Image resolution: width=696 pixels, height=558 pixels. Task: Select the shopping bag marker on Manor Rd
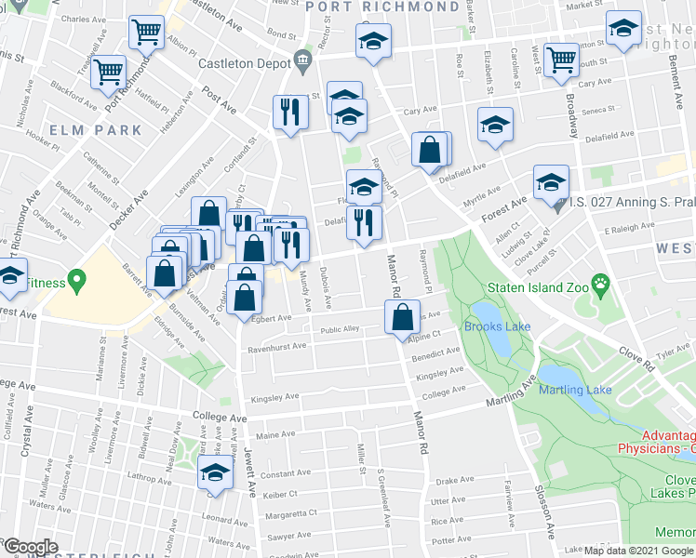click(400, 317)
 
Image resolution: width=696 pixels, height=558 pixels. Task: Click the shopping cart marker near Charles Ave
click(147, 33)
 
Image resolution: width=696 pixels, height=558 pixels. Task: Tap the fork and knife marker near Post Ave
click(289, 113)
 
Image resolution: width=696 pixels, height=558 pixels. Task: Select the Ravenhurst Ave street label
click(275, 347)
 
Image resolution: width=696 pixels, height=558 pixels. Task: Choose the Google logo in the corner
click(30, 547)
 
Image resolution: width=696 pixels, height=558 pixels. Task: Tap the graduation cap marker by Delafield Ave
click(495, 126)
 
